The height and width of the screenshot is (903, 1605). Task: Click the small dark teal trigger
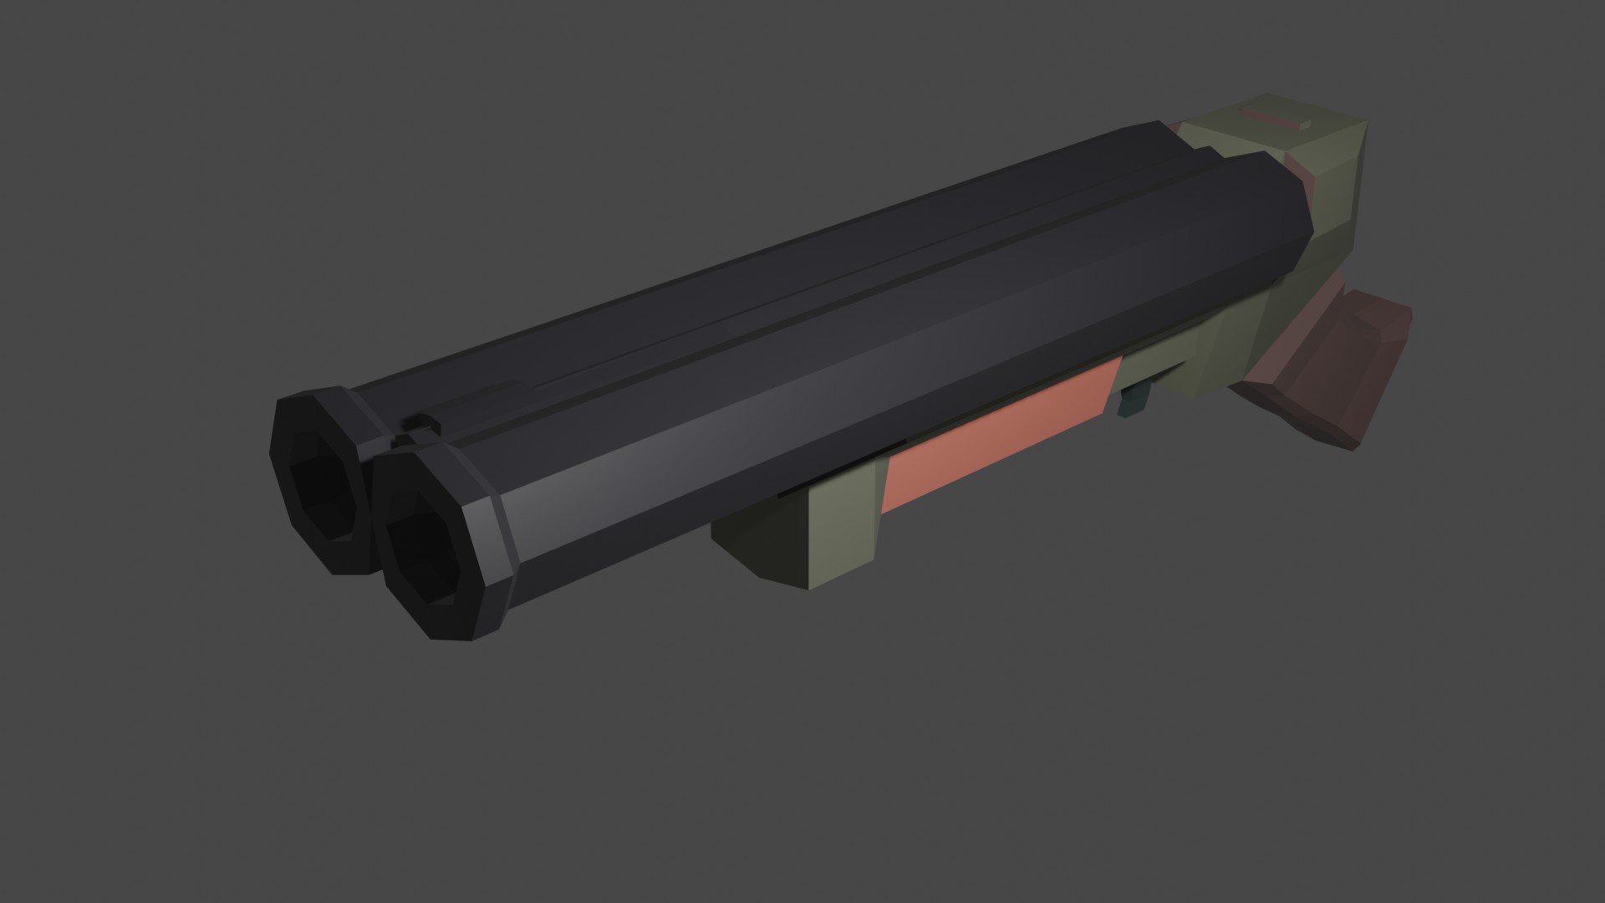coord(1134,400)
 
